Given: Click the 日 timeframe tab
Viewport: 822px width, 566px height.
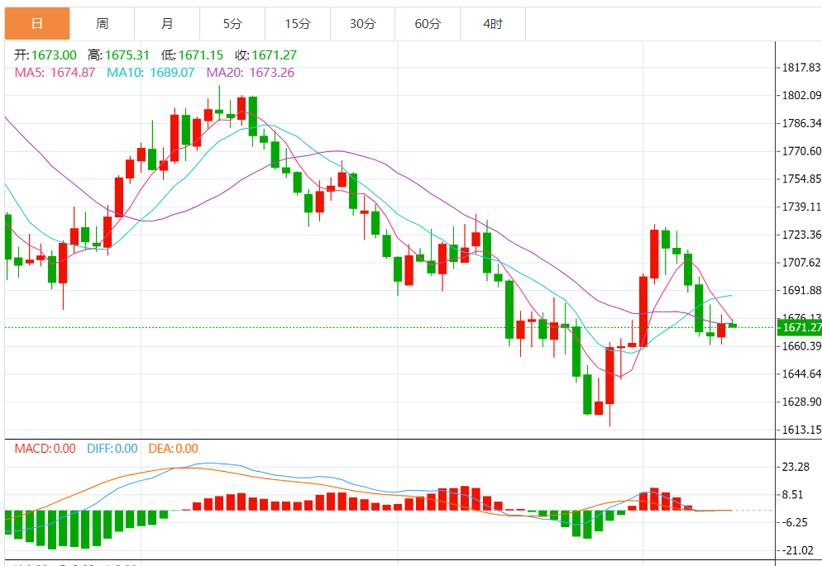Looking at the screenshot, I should click(37, 24).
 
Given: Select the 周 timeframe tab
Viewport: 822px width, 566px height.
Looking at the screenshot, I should click(102, 24).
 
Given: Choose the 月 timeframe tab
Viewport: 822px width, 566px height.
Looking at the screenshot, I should click(167, 24).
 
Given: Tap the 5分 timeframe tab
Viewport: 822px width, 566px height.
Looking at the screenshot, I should click(232, 24).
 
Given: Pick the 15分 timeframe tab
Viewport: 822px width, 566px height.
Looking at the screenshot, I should click(297, 24).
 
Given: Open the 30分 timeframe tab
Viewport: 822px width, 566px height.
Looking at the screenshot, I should click(362, 24).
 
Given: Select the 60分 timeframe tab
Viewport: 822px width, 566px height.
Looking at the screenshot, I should click(428, 24).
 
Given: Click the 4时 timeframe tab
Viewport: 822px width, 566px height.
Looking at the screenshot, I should click(492, 24).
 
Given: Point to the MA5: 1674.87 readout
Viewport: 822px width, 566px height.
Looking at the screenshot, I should click(55, 73).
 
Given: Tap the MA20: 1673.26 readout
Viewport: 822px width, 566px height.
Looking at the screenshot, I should click(250, 73).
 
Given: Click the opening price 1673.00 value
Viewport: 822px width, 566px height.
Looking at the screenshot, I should click(54, 55).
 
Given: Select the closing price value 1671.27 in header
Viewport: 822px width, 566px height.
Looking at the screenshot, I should click(274, 55).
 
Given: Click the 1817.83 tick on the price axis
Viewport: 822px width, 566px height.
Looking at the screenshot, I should click(800, 68).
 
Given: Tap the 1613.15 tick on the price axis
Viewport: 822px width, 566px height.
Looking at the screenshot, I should click(800, 430).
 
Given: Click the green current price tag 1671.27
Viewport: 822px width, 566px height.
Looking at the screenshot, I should click(799, 327).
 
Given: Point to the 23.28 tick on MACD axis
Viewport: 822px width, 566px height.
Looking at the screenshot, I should click(795, 467).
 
